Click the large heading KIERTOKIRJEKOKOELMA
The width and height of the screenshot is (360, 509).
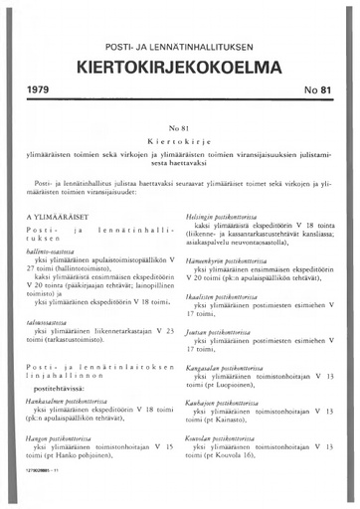(179, 69)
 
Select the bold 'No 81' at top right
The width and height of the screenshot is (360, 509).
(316, 100)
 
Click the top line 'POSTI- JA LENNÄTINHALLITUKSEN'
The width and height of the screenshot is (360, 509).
(179, 48)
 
